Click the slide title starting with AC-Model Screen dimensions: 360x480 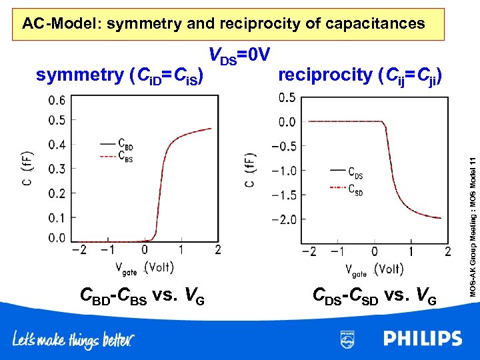tap(223, 24)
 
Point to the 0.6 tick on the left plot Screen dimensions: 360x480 tap(57, 101)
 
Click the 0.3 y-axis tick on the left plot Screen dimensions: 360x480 tap(57, 169)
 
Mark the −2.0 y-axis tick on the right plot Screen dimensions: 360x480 tap(284, 219)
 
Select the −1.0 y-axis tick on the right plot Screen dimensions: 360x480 tap(284, 171)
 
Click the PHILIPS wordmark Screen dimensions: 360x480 tap(422, 338)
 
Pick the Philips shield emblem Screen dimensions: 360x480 tap(347, 339)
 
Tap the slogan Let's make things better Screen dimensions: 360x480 tap(73, 340)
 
